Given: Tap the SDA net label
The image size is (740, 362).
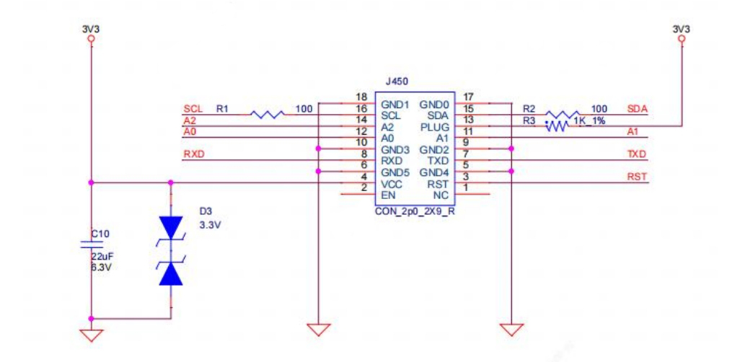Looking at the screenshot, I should pyautogui.click(x=638, y=108).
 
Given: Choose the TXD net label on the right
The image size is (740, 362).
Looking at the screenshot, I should pyautogui.click(x=637, y=154).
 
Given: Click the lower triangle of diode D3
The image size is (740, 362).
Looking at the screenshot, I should pyautogui.click(x=171, y=275).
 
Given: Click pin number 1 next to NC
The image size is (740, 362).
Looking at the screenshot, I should pyautogui.click(x=467, y=188).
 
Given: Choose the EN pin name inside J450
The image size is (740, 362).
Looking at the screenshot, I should pyautogui.click(x=387, y=195).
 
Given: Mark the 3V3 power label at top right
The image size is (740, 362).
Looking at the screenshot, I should pyautogui.click(x=681, y=30).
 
